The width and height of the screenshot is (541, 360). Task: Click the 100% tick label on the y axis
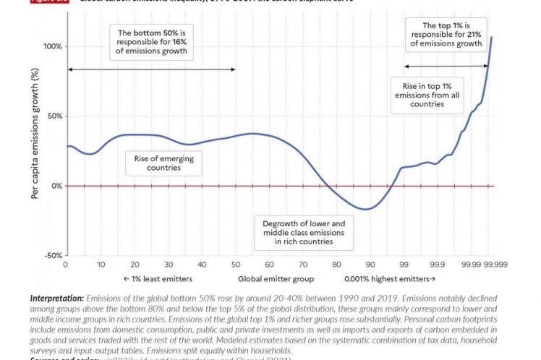52,46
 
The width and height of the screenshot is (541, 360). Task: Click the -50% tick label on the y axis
53,255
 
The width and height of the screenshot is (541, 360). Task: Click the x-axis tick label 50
236,265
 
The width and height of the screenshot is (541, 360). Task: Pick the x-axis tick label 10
101,265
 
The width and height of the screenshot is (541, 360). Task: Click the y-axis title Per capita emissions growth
34,145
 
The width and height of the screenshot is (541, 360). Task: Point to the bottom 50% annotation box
153,42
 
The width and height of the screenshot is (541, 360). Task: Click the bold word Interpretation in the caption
56,298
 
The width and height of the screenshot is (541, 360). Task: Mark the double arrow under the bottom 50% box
151,69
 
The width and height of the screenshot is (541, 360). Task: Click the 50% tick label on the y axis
54,116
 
